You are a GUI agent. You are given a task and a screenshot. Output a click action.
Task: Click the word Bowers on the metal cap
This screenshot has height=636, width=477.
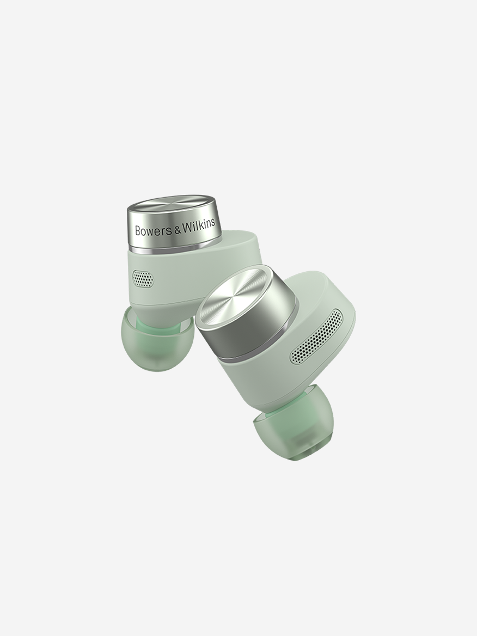coord(153,230)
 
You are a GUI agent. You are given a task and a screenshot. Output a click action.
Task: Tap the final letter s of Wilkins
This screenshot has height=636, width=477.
coord(213,224)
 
